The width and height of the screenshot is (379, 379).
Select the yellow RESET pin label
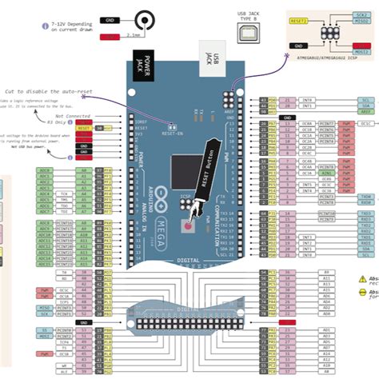(x=83, y=127)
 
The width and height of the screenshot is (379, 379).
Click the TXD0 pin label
(x=366, y=195)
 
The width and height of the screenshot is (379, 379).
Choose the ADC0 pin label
(x=45, y=170)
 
